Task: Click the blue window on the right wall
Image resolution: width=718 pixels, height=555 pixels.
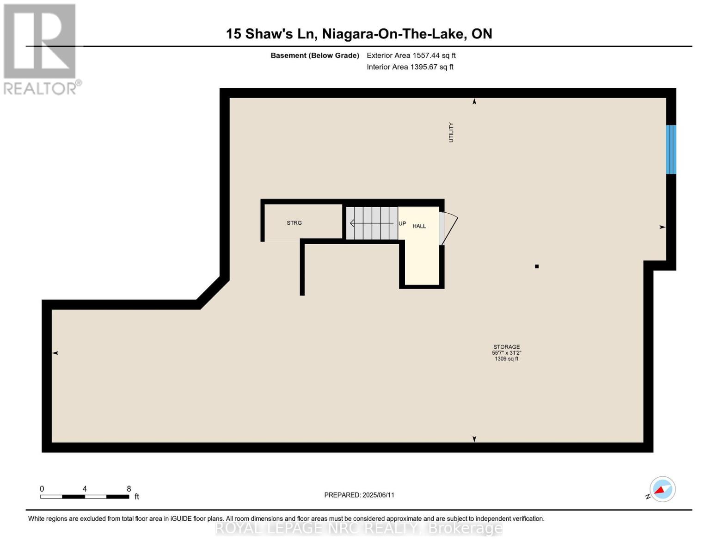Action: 671,149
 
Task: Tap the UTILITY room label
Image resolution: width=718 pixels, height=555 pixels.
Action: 451,132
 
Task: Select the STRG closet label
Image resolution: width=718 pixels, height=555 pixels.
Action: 294,223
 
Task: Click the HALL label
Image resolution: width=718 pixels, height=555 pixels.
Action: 419,226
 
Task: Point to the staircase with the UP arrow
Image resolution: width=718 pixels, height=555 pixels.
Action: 372,223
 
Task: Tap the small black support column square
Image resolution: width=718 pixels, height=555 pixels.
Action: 537,266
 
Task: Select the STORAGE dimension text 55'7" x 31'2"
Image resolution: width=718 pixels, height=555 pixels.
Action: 507,353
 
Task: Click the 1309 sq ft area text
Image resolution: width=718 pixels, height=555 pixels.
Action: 507,359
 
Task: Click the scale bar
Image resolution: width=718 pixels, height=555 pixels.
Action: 85,497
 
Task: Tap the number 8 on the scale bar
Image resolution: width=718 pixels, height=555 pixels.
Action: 129,489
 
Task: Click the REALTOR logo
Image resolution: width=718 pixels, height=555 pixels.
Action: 41,49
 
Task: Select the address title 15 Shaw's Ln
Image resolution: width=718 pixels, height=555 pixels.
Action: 359,34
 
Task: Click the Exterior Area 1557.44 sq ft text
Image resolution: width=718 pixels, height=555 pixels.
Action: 411,55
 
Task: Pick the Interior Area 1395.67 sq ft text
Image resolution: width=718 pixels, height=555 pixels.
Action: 410,67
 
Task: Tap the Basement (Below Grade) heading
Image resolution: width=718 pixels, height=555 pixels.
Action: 315,55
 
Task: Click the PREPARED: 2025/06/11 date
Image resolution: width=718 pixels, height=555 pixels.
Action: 359,495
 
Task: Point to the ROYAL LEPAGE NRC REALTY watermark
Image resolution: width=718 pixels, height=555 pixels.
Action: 359,528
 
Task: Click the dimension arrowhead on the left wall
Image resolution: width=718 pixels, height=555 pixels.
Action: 55,353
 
